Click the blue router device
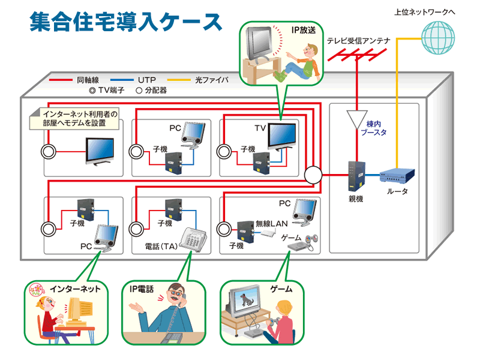[x=398, y=175]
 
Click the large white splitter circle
[x=313, y=175]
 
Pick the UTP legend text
[x=147, y=79]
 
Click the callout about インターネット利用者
[x=76, y=118]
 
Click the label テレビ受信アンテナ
[x=359, y=41]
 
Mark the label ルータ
[x=398, y=191]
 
